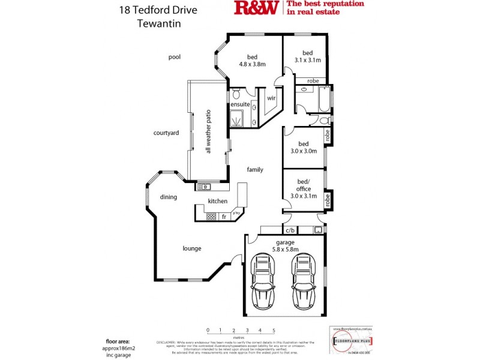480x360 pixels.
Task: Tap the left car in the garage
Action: click(262, 280)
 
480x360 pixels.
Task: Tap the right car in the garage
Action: click(302, 280)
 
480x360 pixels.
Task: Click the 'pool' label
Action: click(175, 57)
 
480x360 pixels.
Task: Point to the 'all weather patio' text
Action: click(208, 131)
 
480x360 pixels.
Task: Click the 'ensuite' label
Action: click(240, 105)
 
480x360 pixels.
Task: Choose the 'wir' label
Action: click(271, 98)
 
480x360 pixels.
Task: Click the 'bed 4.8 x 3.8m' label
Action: click(252, 60)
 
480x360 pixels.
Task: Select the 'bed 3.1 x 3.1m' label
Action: click(308, 56)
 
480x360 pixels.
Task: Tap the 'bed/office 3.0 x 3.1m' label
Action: click(303, 188)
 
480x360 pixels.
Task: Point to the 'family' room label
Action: click(255, 170)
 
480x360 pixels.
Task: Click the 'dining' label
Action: click(168, 197)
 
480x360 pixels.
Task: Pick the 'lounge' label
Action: click(192, 248)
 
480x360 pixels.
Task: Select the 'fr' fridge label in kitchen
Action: click(224, 216)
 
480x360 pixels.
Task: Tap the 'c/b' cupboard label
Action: click(290, 230)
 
